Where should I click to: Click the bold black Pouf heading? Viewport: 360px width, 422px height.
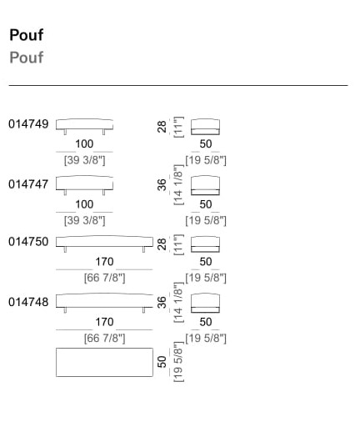(27, 35)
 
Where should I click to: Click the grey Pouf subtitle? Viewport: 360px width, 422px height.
(27, 58)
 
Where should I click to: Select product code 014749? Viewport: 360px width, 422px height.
(28, 124)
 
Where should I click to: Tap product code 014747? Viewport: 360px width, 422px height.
(28, 184)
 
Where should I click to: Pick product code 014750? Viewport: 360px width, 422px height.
(28, 242)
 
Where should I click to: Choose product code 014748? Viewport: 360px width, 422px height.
(28, 302)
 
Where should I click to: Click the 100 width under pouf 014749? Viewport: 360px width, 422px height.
(84, 144)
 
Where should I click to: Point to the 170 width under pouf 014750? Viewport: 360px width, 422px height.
(104, 262)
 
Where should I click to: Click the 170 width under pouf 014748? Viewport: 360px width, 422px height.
(104, 322)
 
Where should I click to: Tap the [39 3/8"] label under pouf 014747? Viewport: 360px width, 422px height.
(85, 220)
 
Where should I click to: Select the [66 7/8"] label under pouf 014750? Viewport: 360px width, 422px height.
(105, 278)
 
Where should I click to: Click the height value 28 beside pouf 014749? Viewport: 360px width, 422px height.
(162, 127)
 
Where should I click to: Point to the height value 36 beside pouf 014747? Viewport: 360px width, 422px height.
(162, 185)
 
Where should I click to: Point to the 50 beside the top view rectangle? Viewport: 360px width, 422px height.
(162, 362)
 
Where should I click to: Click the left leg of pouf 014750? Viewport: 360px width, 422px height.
(65, 249)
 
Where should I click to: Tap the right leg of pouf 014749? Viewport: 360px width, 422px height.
(103, 132)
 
